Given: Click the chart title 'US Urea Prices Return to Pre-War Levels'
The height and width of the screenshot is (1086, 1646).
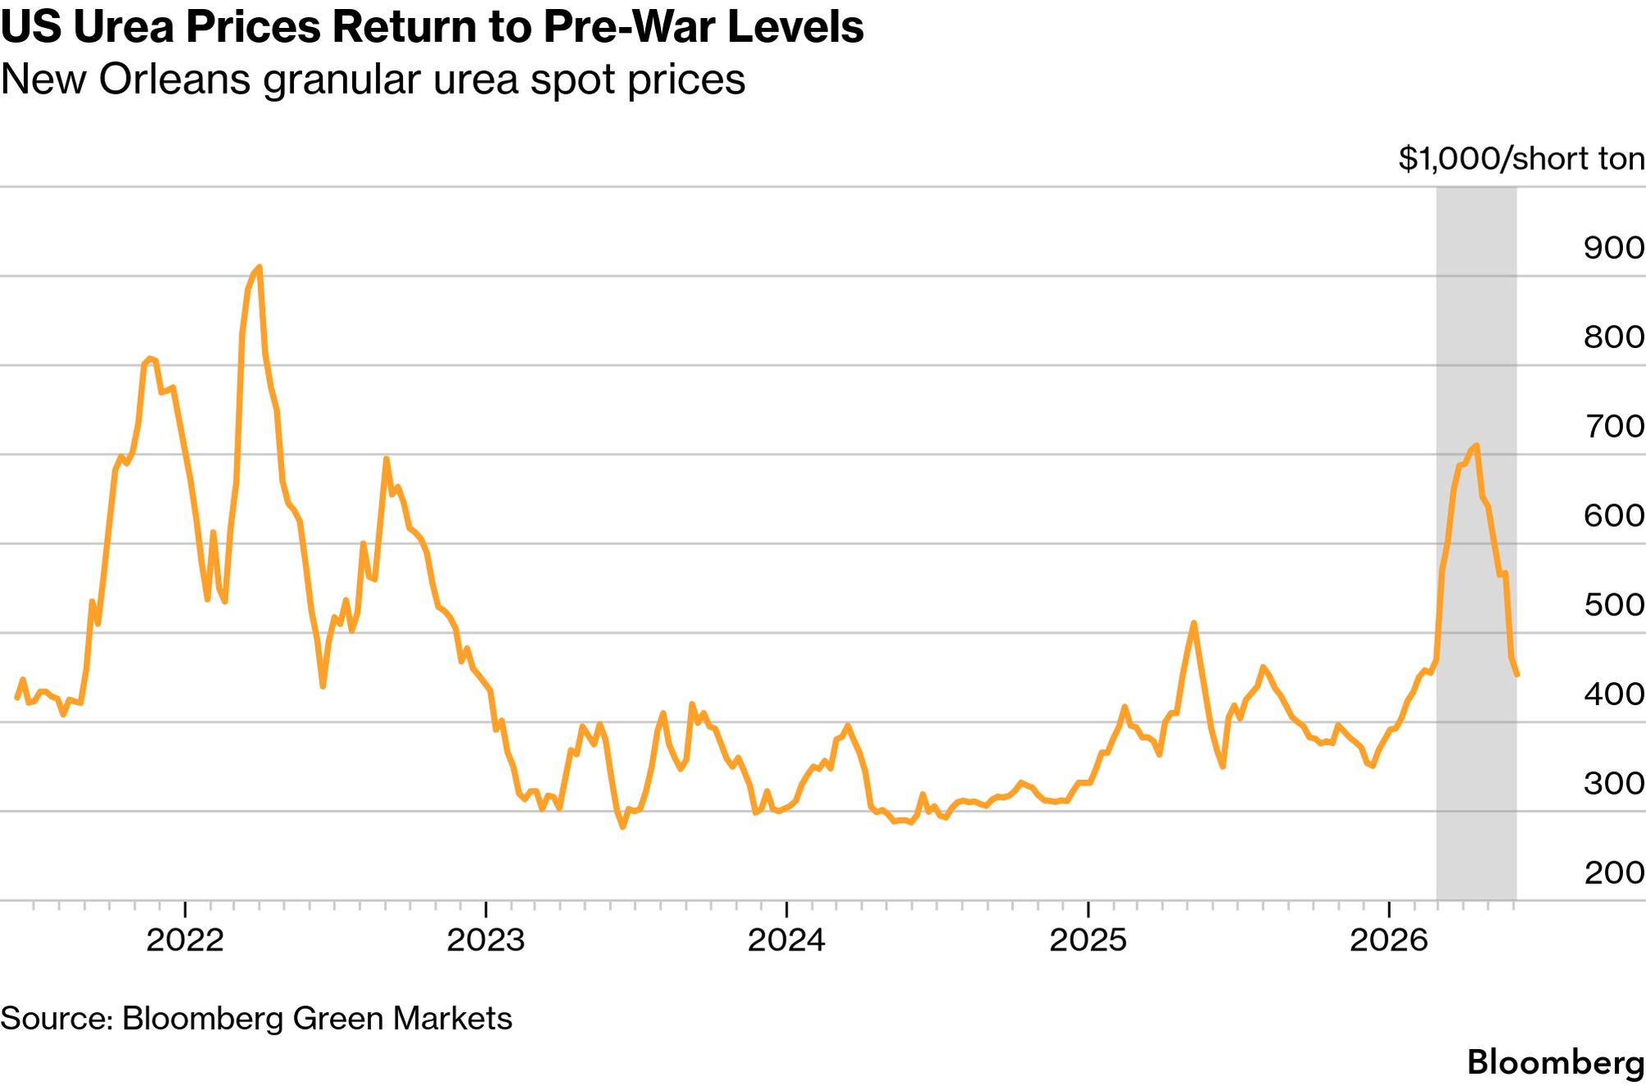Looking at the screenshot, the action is tap(432, 28).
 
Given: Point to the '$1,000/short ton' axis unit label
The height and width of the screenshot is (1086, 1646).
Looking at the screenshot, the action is tap(1521, 158).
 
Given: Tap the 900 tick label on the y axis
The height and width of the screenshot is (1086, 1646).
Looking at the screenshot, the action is tap(1613, 248).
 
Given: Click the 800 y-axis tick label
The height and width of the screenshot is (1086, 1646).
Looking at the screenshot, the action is tap(1613, 337).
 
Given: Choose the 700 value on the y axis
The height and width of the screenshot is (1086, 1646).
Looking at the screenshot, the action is tap(1613, 426).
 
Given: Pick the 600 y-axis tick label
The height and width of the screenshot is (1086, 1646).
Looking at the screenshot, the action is tap(1613, 516).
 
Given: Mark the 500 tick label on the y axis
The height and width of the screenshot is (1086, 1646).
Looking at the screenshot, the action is tap(1613, 605).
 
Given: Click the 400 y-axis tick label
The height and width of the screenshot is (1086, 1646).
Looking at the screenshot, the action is tap(1613, 694).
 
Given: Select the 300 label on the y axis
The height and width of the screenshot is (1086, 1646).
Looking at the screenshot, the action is tap(1613, 784).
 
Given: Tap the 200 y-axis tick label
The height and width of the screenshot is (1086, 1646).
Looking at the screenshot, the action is tap(1613, 873).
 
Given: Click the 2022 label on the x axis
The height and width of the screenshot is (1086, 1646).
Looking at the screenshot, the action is tap(185, 941).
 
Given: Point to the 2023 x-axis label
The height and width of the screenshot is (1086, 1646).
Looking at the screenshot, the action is tap(486, 941).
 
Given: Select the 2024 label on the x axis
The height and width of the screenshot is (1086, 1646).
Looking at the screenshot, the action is tap(786, 941).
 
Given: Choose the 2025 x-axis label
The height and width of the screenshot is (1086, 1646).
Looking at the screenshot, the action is tap(1089, 941).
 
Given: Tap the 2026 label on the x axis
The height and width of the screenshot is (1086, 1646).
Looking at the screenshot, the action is tap(1389, 941).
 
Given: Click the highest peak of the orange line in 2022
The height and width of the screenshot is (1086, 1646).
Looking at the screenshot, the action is tap(259, 267).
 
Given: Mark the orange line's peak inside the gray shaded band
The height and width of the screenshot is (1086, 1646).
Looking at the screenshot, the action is tap(1477, 446).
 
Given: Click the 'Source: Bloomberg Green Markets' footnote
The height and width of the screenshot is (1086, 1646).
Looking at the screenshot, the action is tap(256, 1019).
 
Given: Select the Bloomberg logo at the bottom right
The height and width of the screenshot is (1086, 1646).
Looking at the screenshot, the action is tap(1556, 1063).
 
